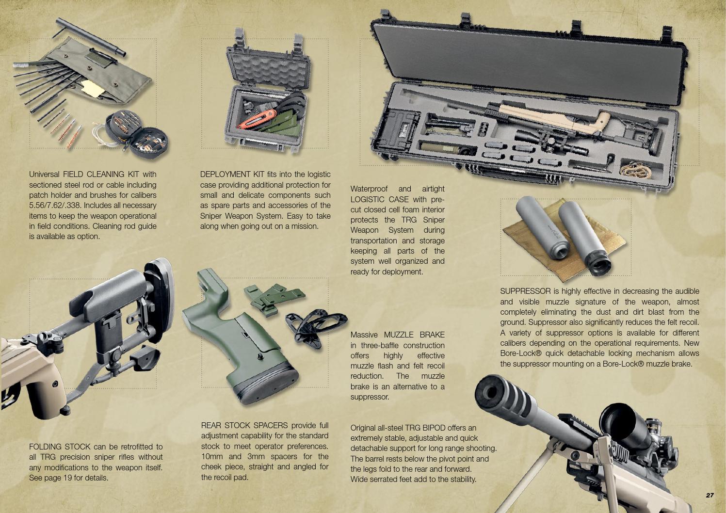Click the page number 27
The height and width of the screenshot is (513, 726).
(x=710, y=495)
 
